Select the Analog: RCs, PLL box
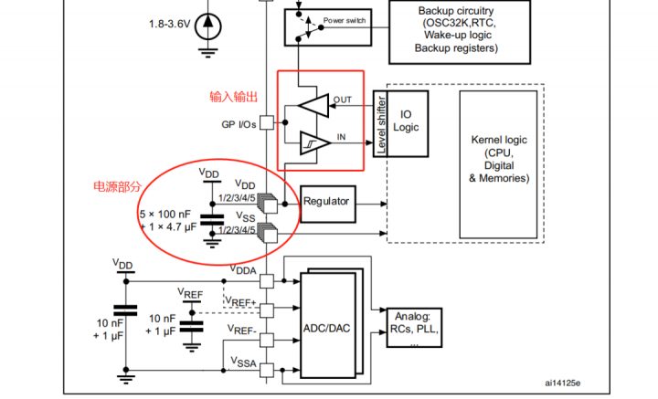tap(414, 330)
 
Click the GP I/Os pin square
tap(267, 122)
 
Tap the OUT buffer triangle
tap(314, 104)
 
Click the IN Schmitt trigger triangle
tap(314, 144)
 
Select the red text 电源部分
tap(117, 185)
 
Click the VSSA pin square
tap(268, 369)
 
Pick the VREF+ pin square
tap(268, 309)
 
